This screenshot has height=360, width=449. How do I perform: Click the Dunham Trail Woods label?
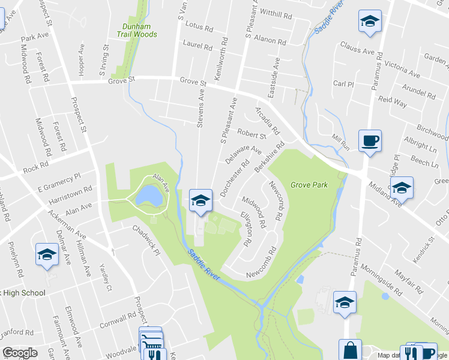coord(139,30)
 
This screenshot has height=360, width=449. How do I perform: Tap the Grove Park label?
coord(309,185)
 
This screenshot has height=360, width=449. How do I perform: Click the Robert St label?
coord(251,134)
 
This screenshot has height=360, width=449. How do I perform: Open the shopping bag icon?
coord(350,350)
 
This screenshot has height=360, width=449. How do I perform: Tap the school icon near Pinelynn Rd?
coord(46,254)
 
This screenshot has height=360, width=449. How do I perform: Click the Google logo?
coord(20,353)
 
